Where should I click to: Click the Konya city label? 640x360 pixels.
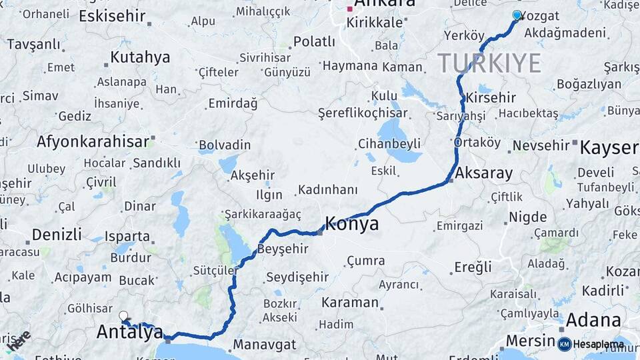(x=352, y=223)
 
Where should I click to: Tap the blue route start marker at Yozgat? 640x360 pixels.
(x=517, y=15)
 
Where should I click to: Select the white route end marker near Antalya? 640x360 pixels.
(x=123, y=315)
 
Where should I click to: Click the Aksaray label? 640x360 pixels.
(x=484, y=174)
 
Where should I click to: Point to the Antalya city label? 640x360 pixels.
(x=130, y=331)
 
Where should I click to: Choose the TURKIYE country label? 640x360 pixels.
(x=489, y=63)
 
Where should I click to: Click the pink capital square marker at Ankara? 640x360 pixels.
(x=349, y=9)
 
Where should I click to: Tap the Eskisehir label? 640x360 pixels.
(x=112, y=15)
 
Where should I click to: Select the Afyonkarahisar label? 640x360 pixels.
(x=93, y=141)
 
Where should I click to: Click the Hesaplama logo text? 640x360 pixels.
(x=597, y=345)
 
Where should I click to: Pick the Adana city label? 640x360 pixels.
(x=593, y=321)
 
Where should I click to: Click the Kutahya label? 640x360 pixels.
(x=140, y=57)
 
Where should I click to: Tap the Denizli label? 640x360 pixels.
(x=57, y=234)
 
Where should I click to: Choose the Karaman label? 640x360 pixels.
(x=349, y=302)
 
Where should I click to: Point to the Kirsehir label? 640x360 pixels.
(x=491, y=97)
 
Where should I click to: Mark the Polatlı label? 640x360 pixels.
(x=314, y=41)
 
